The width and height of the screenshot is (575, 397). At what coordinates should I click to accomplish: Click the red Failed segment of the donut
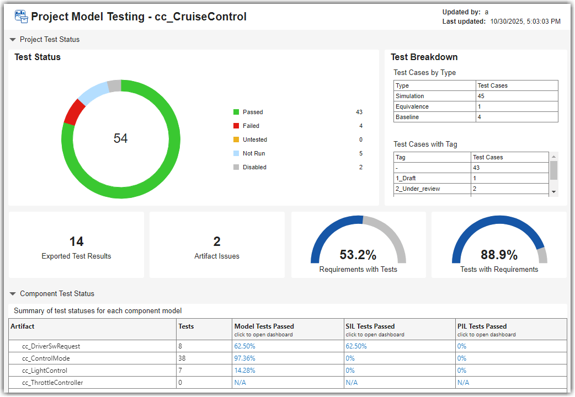[x=74, y=112]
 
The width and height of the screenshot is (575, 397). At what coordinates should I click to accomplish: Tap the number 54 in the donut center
[x=120, y=138]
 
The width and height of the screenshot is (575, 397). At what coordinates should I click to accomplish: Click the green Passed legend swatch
[x=236, y=112]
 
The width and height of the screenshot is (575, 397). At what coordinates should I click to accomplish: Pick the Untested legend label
[x=254, y=140]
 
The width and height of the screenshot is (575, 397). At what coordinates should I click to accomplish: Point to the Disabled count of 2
[x=361, y=167]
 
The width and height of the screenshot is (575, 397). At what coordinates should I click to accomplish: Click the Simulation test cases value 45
[x=481, y=96]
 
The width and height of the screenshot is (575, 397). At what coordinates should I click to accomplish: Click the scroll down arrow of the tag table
[x=553, y=191]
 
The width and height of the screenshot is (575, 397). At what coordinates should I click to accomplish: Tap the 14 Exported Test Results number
[x=76, y=242]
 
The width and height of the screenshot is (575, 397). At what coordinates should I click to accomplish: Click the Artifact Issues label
[x=217, y=256]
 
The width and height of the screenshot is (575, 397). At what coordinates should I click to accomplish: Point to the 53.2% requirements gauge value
[x=358, y=255]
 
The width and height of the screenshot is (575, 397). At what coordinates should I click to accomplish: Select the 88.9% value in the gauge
[x=499, y=255]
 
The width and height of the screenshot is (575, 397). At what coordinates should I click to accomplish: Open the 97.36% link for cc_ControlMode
[x=244, y=358]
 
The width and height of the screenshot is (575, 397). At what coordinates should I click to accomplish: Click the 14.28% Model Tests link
[x=244, y=371]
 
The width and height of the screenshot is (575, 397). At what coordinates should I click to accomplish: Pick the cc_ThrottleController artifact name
[x=52, y=383]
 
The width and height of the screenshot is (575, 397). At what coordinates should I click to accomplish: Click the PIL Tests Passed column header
[x=482, y=326]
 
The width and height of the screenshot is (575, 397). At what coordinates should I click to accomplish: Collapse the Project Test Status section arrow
[x=13, y=40]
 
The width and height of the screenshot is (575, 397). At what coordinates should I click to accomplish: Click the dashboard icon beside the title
[x=21, y=17]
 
